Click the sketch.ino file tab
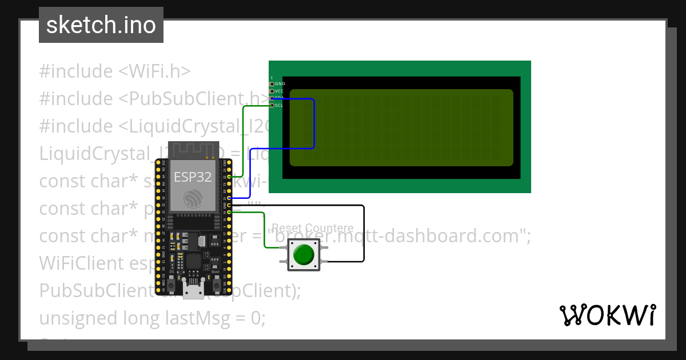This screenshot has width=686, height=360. coord(101,25)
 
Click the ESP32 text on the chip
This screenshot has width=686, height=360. coord(193,177)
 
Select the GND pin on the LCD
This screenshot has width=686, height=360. coord(272,83)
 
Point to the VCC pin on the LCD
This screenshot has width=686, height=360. coord(272,91)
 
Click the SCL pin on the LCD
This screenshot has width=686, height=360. coord(272,105)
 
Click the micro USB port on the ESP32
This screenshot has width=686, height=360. coord(194,290)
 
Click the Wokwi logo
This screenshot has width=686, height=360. coord(608,315)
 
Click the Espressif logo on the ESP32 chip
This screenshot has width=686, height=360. coord(193,199)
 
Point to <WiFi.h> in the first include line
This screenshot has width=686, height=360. coord(154,71)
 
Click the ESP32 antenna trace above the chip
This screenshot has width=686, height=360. coord(194,150)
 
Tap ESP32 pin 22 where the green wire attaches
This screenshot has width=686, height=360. coord(229,177)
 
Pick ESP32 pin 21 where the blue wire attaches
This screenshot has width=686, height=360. coord(229,198)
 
